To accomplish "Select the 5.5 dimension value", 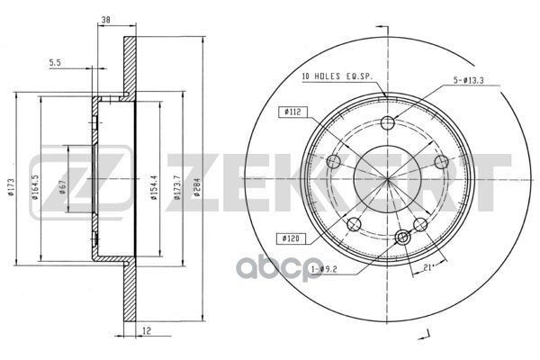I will click(x=56, y=63).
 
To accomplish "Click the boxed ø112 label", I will click(x=292, y=112).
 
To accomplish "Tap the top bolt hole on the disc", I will click(x=389, y=123).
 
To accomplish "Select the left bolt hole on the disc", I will click(x=333, y=163).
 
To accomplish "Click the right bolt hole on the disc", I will click(x=442, y=162).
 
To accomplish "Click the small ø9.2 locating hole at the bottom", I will click(x=403, y=238).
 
